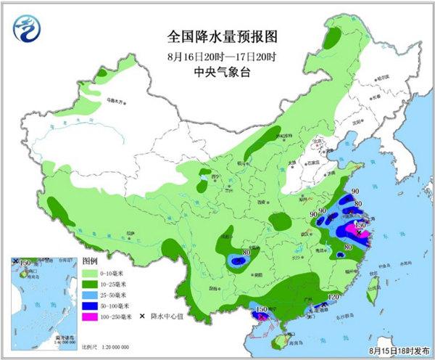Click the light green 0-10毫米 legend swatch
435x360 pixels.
pos(94,272)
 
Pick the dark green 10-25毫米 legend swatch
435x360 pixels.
pos(94,284)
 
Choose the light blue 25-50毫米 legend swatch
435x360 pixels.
pos(94,295)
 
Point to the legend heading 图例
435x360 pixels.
pos(88,261)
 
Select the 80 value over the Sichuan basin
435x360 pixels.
pos(246,253)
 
